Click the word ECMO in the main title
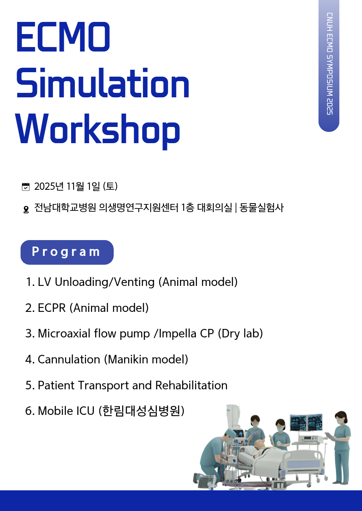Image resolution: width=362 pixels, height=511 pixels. pos(63,37)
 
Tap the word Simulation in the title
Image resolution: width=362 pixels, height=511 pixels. pos(103,83)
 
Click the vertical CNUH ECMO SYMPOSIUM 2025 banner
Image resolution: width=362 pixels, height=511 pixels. pos(329,66)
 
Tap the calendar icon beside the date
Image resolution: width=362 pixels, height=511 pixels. pos(26,187)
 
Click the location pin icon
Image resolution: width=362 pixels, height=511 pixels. pos(26,209)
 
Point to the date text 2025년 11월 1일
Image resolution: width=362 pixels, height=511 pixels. pos(67,187)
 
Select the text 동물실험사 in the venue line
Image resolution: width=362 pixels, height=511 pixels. pos(262,208)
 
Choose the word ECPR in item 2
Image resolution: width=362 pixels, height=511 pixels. pos(52,308)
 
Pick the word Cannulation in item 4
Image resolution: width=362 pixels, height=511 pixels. pos(69,359)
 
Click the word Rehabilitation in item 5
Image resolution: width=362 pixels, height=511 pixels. pos(191,385)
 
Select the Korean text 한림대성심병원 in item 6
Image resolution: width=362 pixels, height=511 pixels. pos(141,411)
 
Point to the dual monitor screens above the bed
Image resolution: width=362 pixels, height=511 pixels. pos(306,423)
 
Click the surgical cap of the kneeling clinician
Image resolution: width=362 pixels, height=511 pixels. pos(230,432)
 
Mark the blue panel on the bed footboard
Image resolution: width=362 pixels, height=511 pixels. pos(303,464)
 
